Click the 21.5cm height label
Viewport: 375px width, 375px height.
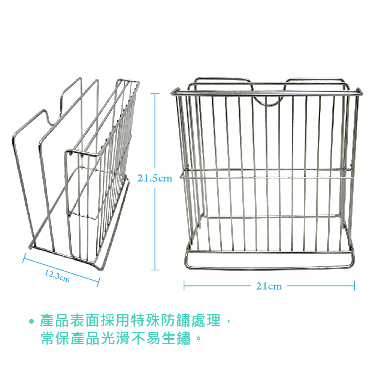[x=155, y=178]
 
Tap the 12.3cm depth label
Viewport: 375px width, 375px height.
[x=57, y=276]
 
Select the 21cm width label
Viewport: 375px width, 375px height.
[x=269, y=286]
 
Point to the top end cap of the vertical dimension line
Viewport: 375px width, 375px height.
[x=155, y=93]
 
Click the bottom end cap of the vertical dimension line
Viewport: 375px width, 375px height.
[x=155, y=269]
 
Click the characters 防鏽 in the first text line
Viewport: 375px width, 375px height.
[x=177, y=321]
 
